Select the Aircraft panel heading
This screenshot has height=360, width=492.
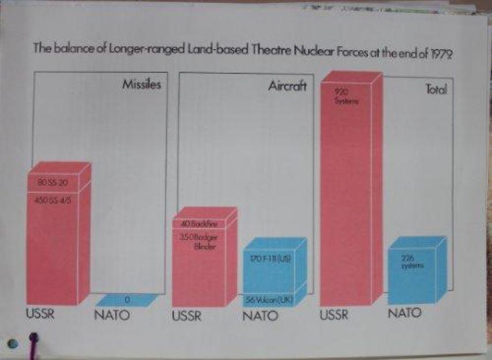pos(287,87)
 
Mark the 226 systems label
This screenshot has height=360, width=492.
pos(410,262)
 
